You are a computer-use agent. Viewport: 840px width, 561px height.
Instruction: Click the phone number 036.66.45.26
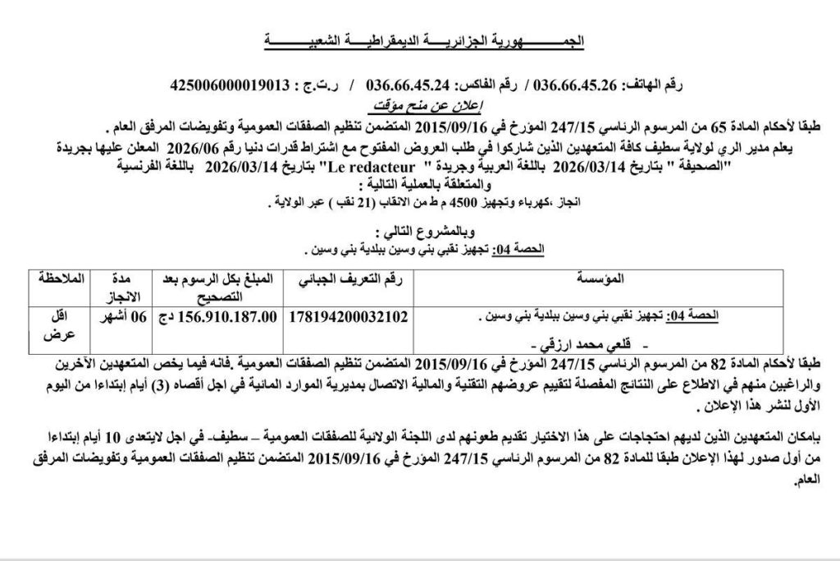tap(578, 85)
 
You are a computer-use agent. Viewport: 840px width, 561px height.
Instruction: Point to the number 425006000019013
tap(231, 85)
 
